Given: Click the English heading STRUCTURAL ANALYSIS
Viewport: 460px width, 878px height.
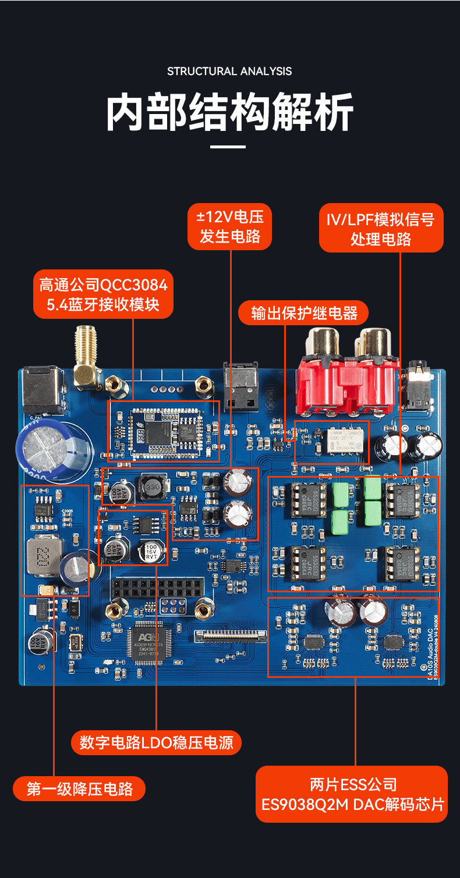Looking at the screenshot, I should point(229,72).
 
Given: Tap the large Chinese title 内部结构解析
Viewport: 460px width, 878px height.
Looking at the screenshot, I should point(229,112).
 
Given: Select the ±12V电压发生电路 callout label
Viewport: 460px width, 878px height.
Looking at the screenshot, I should point(230,226).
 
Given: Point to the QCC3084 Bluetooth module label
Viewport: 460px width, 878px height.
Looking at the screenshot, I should point(103,294).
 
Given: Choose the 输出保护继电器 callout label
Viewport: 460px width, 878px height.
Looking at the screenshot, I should point(304,313).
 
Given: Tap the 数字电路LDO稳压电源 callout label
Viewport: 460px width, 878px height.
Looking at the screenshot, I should point(156,742).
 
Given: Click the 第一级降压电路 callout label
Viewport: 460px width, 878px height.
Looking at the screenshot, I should point(79,789).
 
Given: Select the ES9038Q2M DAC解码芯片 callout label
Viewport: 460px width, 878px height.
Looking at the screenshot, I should point(352,794).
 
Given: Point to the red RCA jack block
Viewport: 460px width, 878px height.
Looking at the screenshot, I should point(348,372).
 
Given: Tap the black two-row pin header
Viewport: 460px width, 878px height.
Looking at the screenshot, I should point(158,588).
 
